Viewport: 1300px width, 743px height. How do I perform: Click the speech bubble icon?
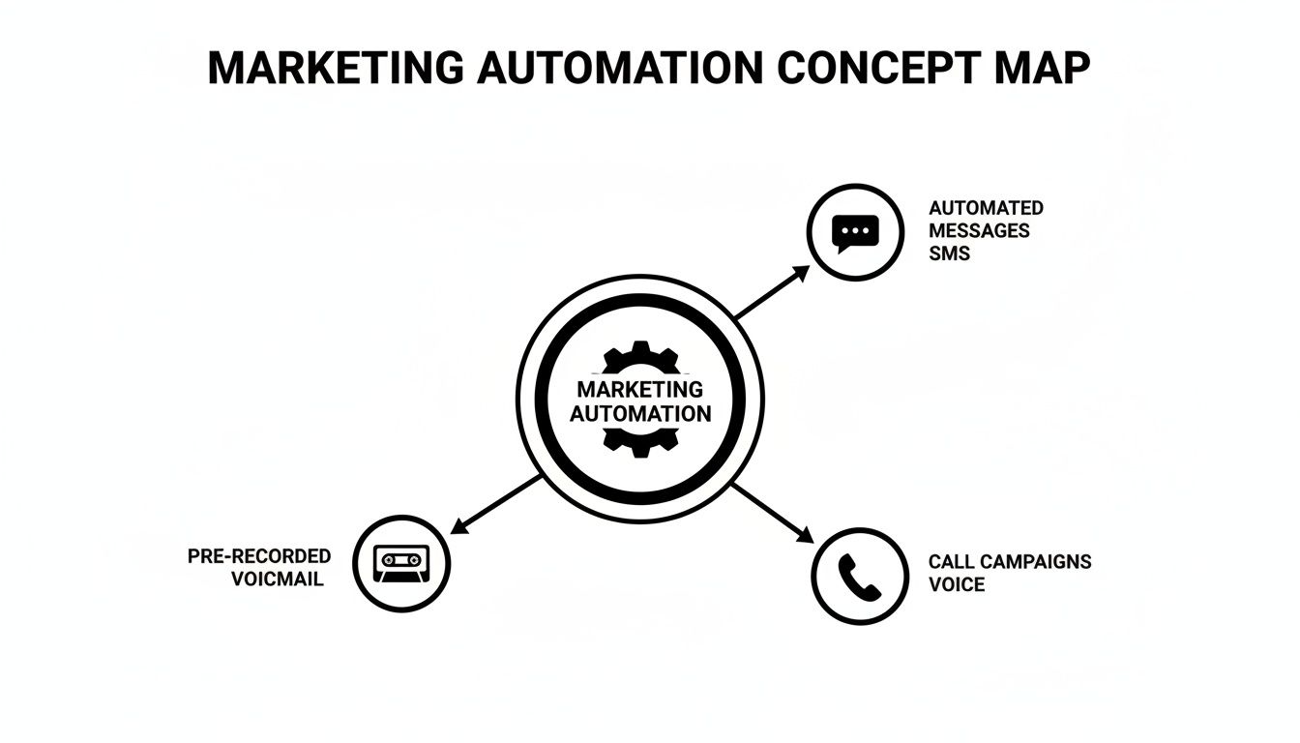(x=855, y=232)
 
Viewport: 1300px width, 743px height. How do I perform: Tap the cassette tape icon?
(x=401, y=563)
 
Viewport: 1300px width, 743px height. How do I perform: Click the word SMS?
(x=949, y=253)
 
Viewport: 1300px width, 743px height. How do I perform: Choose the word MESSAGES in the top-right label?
(x=979, y=231)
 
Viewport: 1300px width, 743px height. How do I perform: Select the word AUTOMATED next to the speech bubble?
(x=986, y=208)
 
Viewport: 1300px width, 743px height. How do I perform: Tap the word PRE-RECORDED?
(x=259, y=556)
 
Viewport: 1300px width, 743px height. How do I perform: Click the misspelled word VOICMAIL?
(x=278, y=580)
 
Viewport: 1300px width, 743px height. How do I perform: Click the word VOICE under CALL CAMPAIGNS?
(x=957, y=584)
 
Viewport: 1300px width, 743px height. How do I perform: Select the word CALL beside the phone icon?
(x=952, y=561)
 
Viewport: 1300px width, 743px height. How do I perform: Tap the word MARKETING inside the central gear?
(x=639, y=389)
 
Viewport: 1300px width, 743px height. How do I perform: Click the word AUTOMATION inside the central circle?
(x=640, y=413)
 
